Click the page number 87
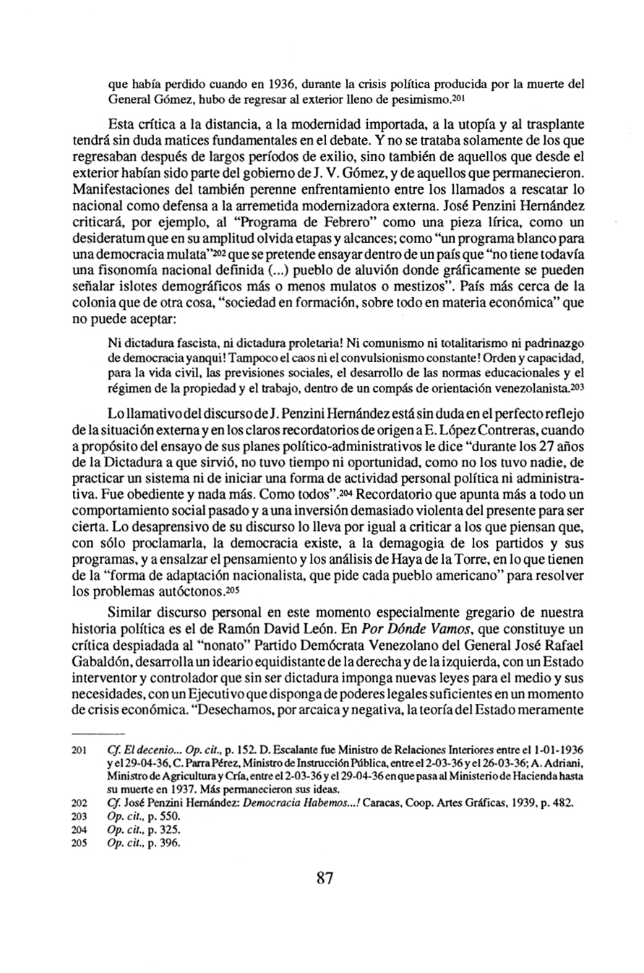click(x=323, y=879)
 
